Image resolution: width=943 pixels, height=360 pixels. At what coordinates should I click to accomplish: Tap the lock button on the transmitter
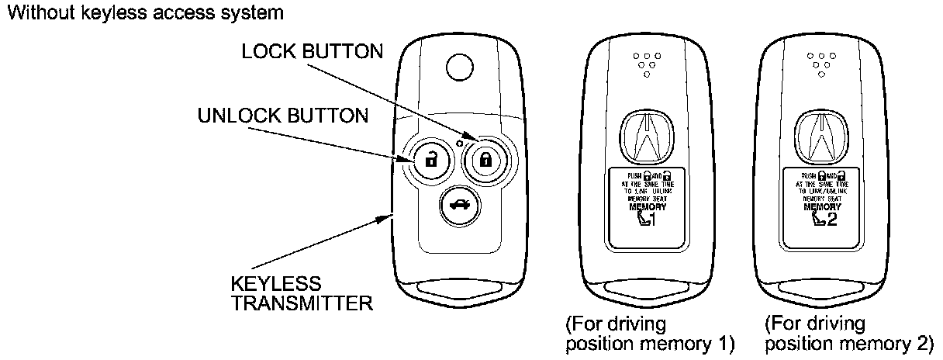click(x=485, y=161)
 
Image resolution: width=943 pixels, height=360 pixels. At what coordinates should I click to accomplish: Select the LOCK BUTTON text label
click(x=312, y=52)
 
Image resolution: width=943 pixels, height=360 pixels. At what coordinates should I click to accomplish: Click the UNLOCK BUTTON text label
click(x=282, y=116)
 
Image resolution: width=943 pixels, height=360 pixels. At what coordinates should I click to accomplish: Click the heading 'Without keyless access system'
click(x=143, y=12)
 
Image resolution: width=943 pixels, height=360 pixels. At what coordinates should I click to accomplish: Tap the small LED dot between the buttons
click(x=459, y=143)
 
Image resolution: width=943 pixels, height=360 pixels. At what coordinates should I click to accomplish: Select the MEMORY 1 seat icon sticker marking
click(x=644, y=220)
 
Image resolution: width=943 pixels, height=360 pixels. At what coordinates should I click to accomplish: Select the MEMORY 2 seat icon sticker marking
click(x=822, y=220)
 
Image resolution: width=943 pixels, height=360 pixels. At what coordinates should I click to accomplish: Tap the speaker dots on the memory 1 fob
click(x=644, y=64)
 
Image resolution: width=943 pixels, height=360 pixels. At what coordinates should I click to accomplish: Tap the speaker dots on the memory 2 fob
click(x=820, y=64)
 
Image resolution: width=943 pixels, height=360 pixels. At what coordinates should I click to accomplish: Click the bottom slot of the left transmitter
click(x=458, y=293)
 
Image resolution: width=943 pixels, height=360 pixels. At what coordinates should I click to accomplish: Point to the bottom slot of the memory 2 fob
click(x=821, y=293)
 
